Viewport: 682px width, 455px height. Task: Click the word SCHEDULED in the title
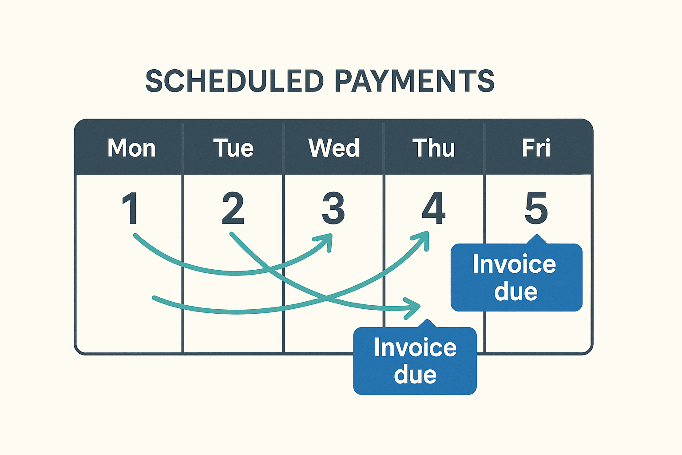[x=234, y=81]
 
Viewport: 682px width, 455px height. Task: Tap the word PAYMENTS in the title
[x=414, y=81]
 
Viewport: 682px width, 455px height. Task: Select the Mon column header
[x=131, y=148]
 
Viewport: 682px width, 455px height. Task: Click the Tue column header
[x=233, y=148]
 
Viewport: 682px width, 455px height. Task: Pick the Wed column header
[x=334, y=148]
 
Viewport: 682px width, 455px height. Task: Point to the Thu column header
[x=433, y=148]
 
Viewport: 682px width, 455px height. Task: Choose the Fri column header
[x=536, y=148]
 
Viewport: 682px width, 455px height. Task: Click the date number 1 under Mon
[x=130, y=208]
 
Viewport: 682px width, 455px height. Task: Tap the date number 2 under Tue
[x=233, y=208]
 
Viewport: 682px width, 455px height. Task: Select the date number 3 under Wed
[x=333, y=208]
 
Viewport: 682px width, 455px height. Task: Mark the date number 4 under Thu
[x=433, y=208]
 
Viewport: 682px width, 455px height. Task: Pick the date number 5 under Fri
[x=536, y=208]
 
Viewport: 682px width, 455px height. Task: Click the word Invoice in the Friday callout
[x=514, y=264]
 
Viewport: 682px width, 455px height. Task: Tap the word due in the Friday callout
[x=516, y=291]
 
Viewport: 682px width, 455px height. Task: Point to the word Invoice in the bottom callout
[x=415, y=347]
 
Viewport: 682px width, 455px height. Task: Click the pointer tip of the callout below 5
[x=537, y=235]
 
